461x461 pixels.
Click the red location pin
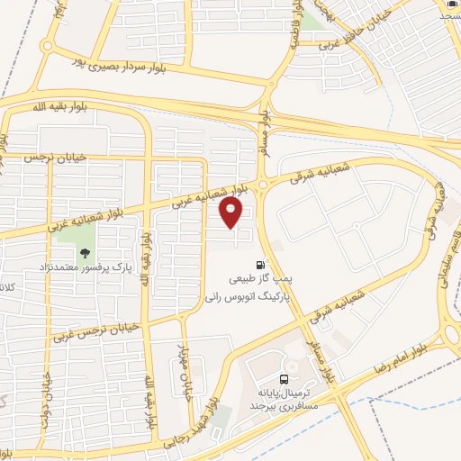(x=232, y=212)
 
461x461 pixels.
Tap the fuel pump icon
(x=261, y=266)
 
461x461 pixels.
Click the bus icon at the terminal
(x=285, y=379)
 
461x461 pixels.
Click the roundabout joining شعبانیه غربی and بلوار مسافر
(x=261, y=184)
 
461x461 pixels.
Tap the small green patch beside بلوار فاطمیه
(x=314, y=19)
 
